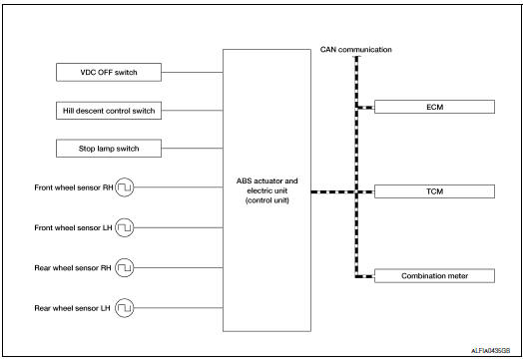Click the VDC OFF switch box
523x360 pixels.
pos(107,72)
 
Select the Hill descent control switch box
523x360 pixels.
pos(107,110)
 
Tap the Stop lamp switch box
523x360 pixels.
pos(107,149)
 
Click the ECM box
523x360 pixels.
pos(434,107)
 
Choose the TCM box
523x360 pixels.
pos(434,189)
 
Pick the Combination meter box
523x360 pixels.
pos(434,275)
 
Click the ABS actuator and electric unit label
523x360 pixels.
pos(265,189)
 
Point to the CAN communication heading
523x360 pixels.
pos(356,49)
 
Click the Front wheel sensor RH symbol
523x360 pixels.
pos(124,187)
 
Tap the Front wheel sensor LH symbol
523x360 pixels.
pos(124,227)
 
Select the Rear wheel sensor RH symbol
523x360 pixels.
pos(124,267)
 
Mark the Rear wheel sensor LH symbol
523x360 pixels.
pos(124,307)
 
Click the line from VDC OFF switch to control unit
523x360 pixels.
pos(193,72)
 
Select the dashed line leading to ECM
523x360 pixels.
pos(364,107)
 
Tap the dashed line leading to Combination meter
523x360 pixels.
pos(364,275)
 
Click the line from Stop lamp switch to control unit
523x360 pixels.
pos(193,149)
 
